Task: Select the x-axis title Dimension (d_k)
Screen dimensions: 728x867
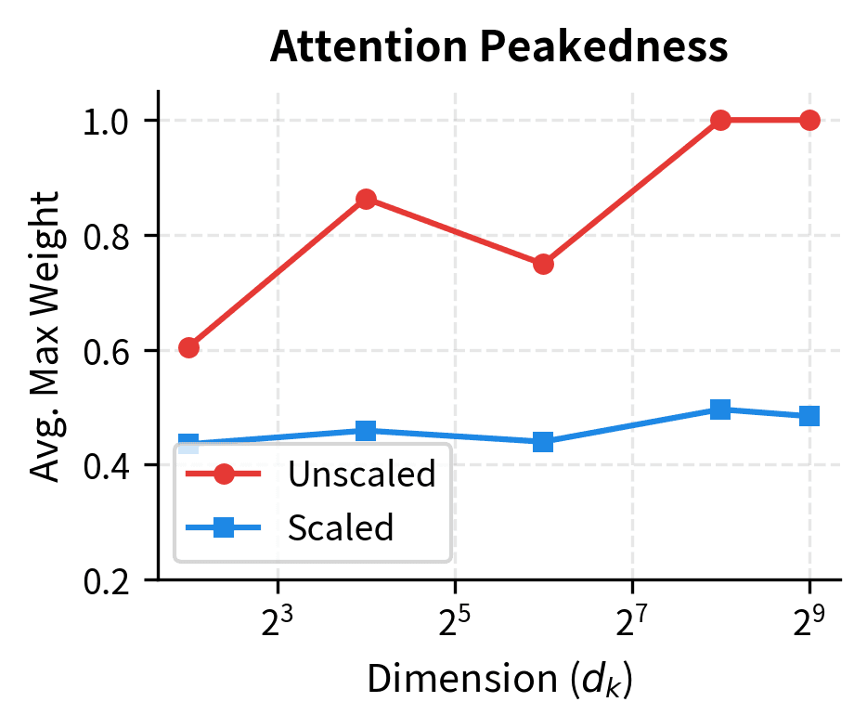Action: [x=498, y=680]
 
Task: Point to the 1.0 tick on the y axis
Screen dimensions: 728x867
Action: [x=107, y=121]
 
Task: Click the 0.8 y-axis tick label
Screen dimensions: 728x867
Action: [x=107, y=236]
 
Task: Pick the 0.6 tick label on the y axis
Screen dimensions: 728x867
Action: [x=107, y=351]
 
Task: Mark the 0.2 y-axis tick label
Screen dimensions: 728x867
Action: [x=107, y=580]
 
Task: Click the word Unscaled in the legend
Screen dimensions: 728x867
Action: [x=361, y=474]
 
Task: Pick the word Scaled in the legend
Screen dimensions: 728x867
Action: [x=341, y=527]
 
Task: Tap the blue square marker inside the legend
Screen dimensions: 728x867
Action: [x=224, y=527]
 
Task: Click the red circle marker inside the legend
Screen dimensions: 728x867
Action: [x=224, y=474]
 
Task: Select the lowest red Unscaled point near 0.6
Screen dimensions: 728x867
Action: [x=188, y=347]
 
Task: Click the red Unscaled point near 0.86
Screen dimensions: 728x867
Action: [x=366, y=199]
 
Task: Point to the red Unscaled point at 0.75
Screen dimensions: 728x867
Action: [x=543, y=264]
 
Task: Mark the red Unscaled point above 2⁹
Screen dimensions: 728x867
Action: [x=809, y=121]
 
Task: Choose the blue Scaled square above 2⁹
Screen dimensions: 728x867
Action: [x=809, y=416]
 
